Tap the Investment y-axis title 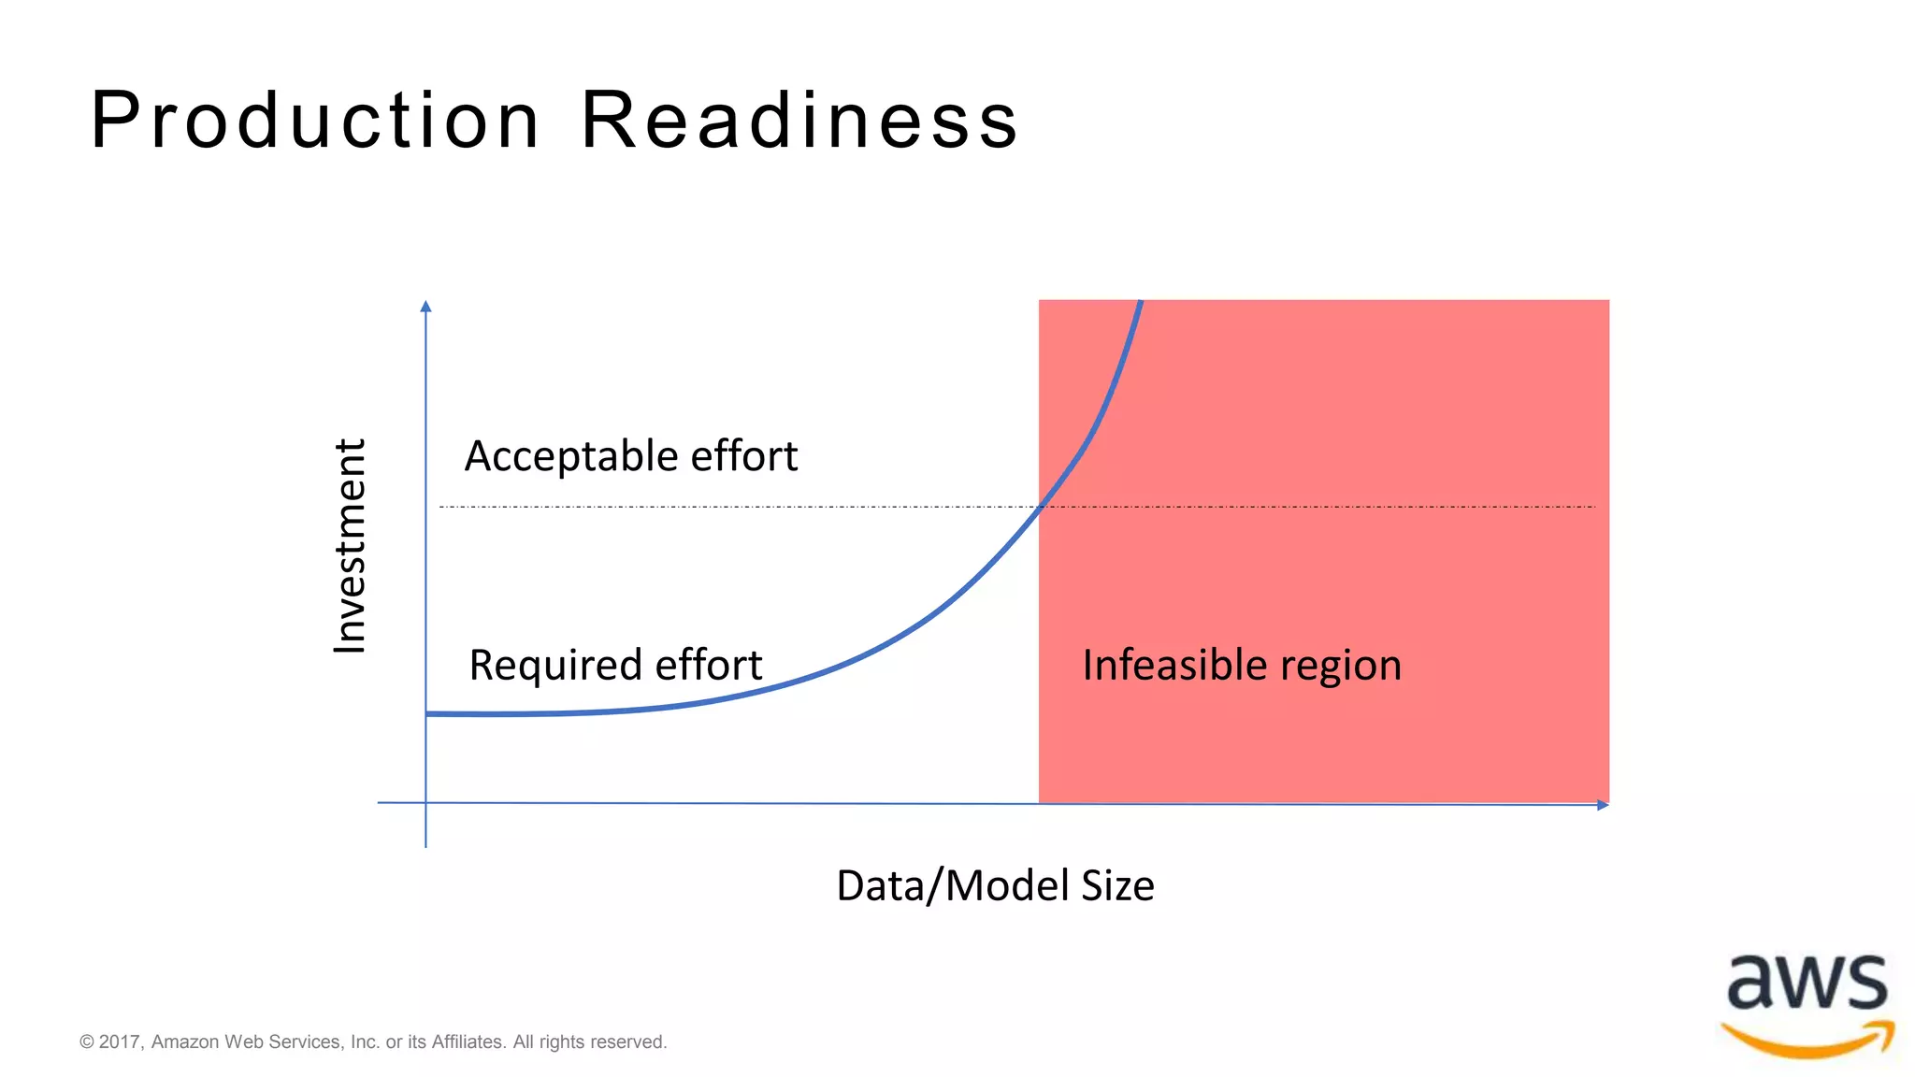(350, 546)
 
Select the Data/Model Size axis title (995, 885)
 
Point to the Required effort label (615, 665)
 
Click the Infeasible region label (1242, 665)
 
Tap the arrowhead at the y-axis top (426, 307)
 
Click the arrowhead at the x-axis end (1603, 805)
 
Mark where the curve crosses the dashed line (1040, 507)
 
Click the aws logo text (1807, 984)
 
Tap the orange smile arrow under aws (1807, 1041)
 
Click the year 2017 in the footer (119, 1041)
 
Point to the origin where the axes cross (426, 803)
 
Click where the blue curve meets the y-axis (427, 713)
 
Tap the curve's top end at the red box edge (1140, 303)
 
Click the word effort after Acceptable (743, 456)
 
